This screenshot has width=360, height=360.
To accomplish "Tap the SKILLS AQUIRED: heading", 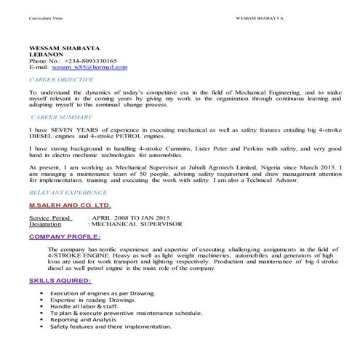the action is pyautogui.click(x=60, y=280).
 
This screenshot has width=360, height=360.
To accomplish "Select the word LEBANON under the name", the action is pyautogui.click(x=46, y=54).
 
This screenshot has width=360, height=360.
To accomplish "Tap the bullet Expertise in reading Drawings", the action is pyautogui.click(x=93, y=300).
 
